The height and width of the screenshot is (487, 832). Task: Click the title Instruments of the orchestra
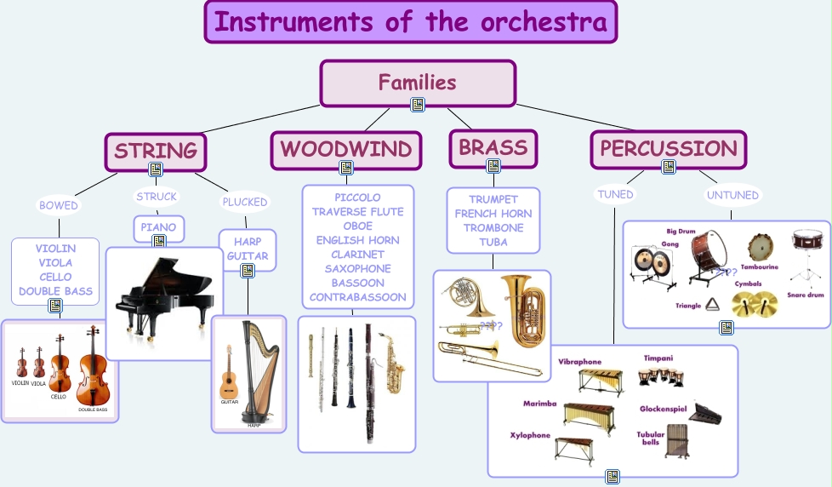(411, 22)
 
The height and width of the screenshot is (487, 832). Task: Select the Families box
(417, 83)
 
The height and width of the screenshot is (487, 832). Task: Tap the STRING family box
(156, 151)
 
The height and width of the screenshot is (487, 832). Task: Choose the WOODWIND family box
(346, 150)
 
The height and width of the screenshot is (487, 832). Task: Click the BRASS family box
(493, 148)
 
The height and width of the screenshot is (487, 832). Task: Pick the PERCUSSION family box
(669, 149)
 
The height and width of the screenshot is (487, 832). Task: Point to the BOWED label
(59, 205)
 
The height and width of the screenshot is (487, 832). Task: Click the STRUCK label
(157, 197)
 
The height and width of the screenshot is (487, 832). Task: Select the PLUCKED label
(245, 202)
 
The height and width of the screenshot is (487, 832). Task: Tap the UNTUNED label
(732, 195)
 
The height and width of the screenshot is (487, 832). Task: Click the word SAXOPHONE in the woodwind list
(358, 268)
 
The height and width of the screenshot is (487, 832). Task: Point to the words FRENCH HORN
(493, 214)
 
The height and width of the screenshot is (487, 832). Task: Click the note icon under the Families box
(417, 105)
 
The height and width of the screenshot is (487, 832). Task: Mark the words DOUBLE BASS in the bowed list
(56, 291)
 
